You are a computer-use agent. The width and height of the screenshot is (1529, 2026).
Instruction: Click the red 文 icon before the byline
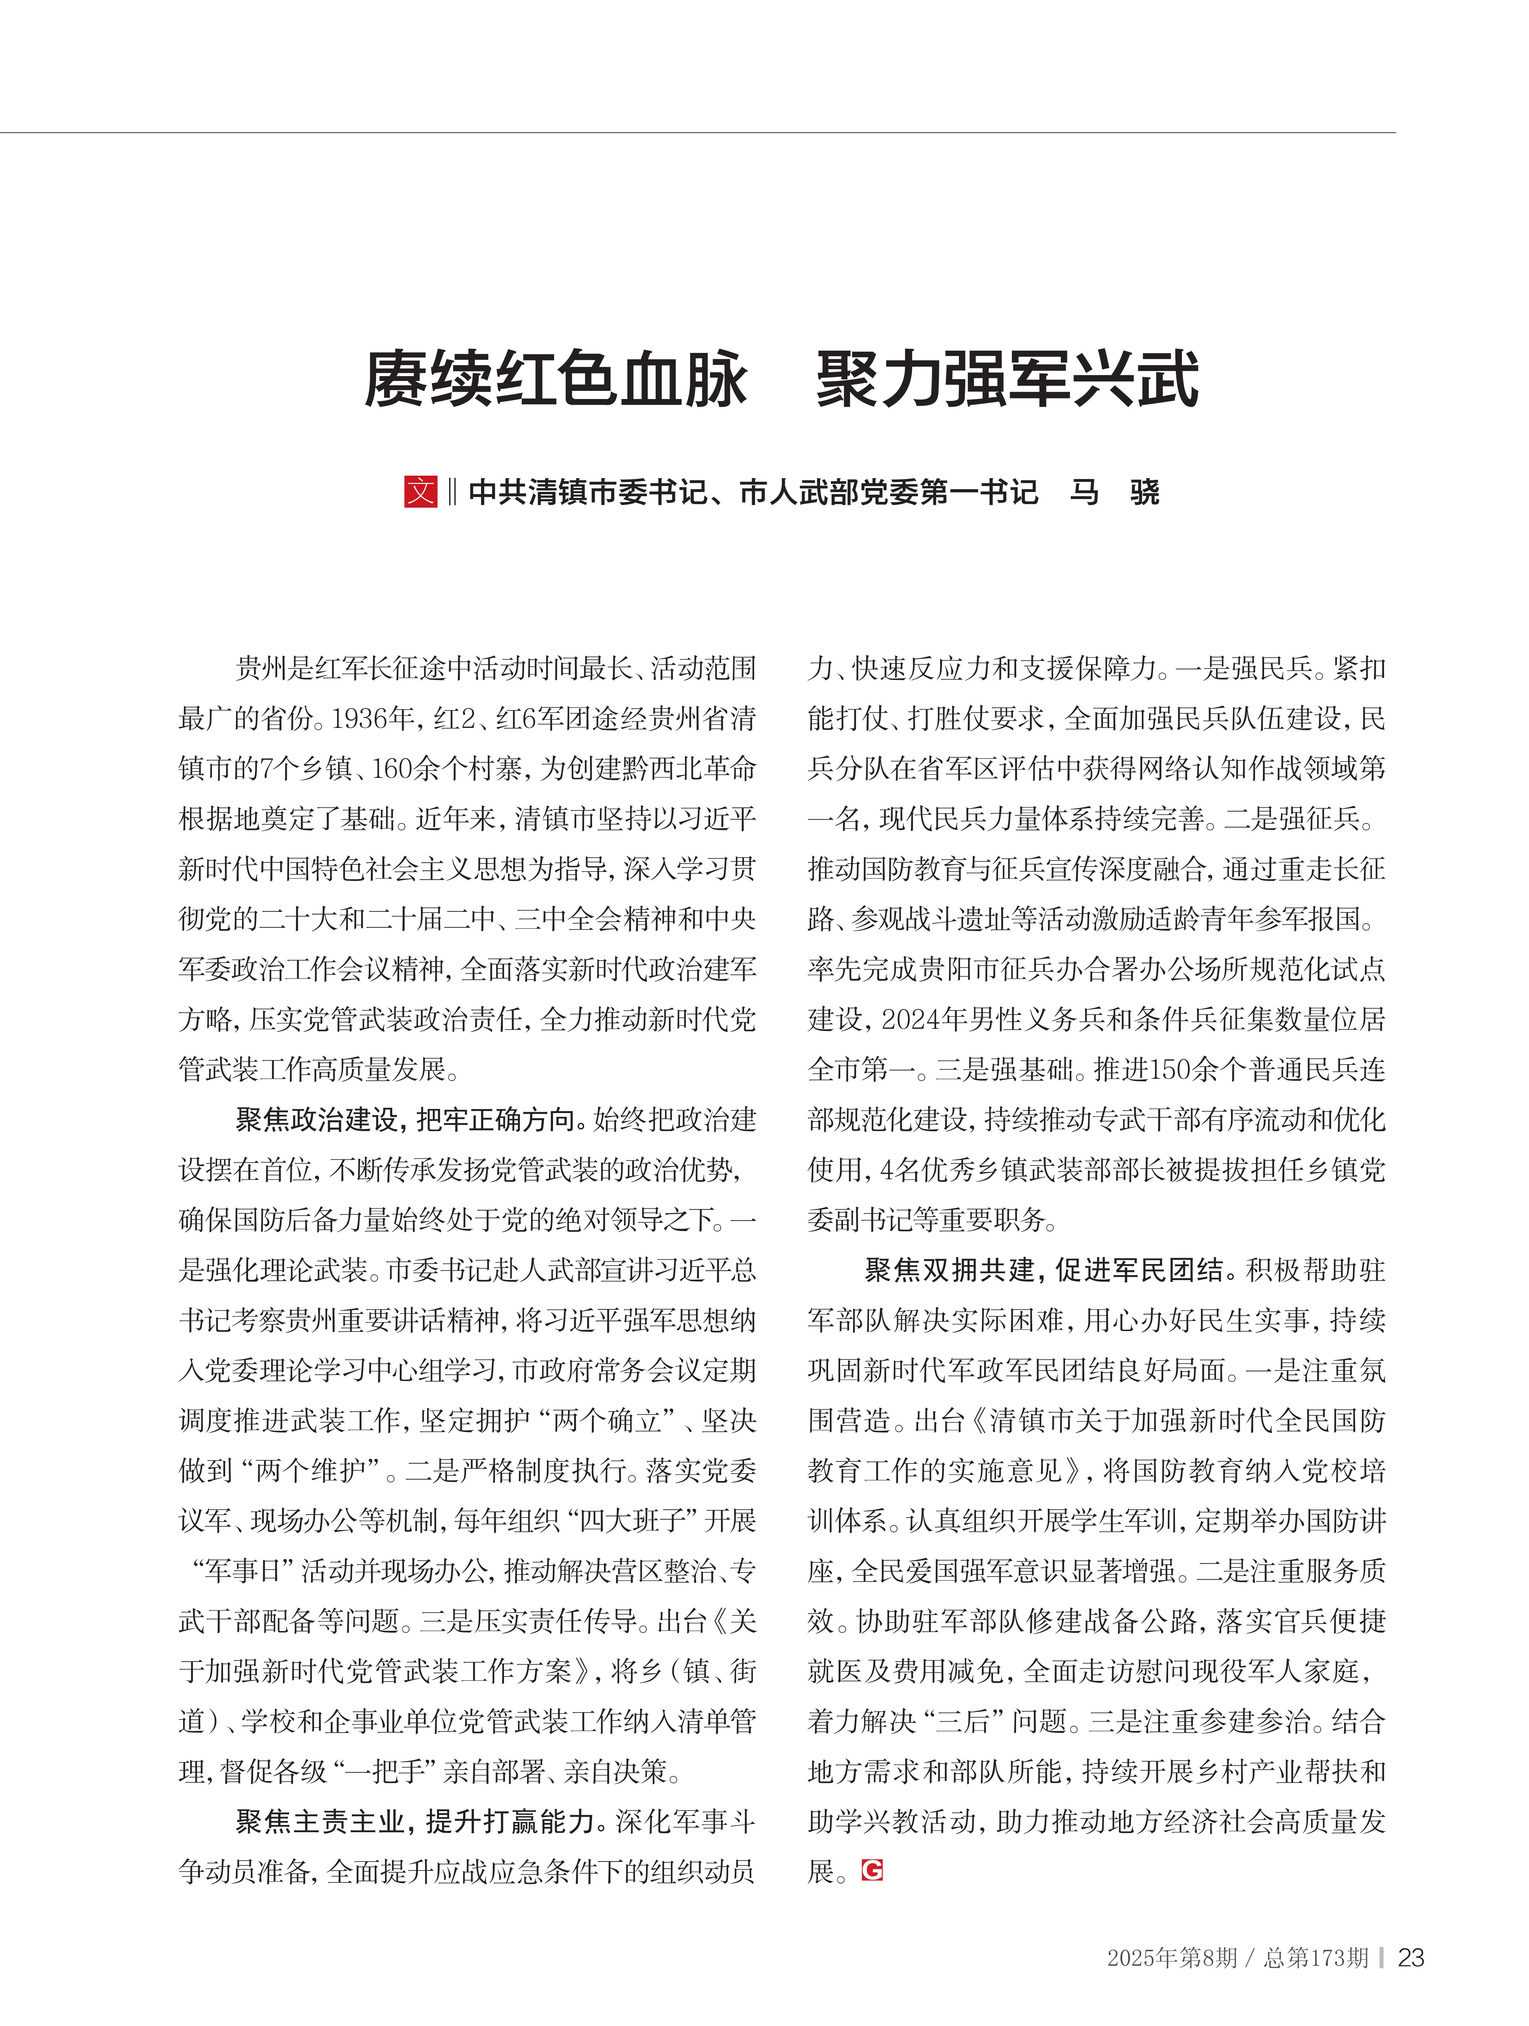(x=421, y=492)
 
